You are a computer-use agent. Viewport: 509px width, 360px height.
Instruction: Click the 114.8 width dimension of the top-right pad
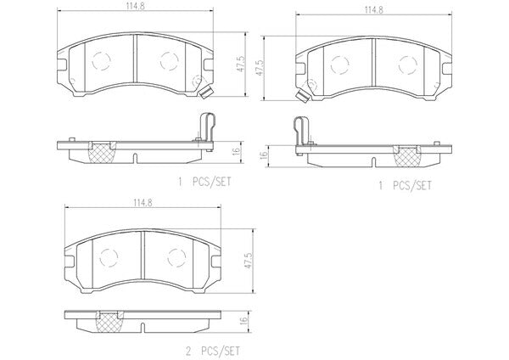point(373,10)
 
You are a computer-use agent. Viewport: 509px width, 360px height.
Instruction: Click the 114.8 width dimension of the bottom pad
point(143,203)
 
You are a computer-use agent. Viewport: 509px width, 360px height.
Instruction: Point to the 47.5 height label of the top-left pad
point(240,64)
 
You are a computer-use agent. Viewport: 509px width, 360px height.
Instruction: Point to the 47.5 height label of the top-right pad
point(260,68)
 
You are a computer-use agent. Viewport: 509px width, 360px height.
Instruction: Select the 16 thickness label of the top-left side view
point(236,151)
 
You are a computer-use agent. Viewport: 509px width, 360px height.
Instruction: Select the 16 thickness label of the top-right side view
point(263,155)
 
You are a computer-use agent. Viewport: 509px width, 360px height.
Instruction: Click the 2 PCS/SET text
point(213,351)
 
